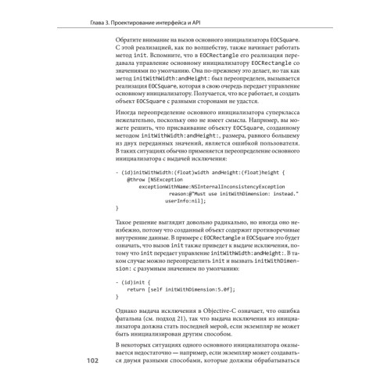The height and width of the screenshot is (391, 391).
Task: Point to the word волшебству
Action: point(196,48)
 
